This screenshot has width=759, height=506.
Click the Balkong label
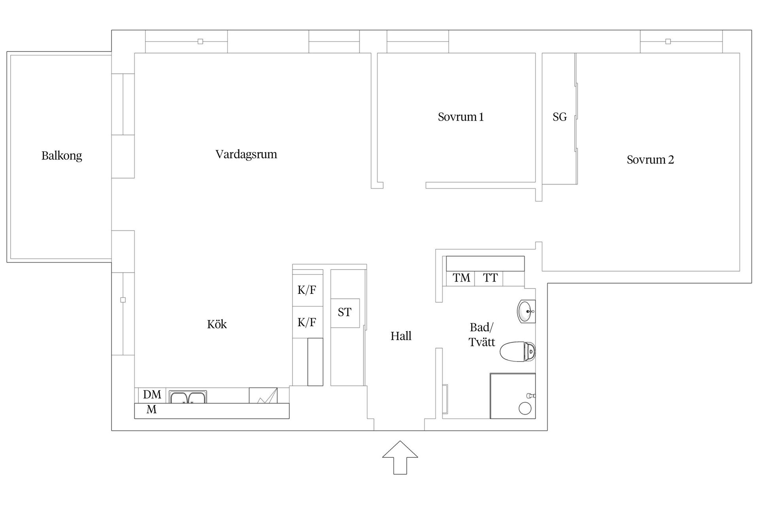tap(62, 156)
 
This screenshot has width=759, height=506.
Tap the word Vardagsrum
tap(246, 154)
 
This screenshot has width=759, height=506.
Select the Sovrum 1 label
tap(461, 117)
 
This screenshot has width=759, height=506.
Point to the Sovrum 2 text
tap(650, 160)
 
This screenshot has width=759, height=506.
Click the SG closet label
tap(559, 117)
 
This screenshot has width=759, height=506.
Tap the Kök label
tap(217, 325)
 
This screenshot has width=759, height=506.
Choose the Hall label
tap(401, 336)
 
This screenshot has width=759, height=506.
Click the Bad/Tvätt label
tap(481, 334)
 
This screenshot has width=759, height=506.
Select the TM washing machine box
tap(461, 278)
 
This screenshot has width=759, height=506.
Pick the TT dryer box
tap(490, 278)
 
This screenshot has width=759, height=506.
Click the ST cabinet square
tap(345, 313)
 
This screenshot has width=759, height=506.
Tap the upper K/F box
tap(307, 290)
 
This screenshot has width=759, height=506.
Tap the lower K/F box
tap(307, 323)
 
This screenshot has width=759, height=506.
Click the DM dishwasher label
tap(152, 395)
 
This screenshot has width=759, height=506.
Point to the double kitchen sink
tap(188, 397)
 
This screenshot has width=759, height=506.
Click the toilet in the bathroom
tap(517, 351)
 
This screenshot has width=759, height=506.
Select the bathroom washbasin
tap(526, 312)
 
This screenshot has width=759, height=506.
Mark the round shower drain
tap(525, 408)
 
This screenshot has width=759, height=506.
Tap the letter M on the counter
tap(151, 410)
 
